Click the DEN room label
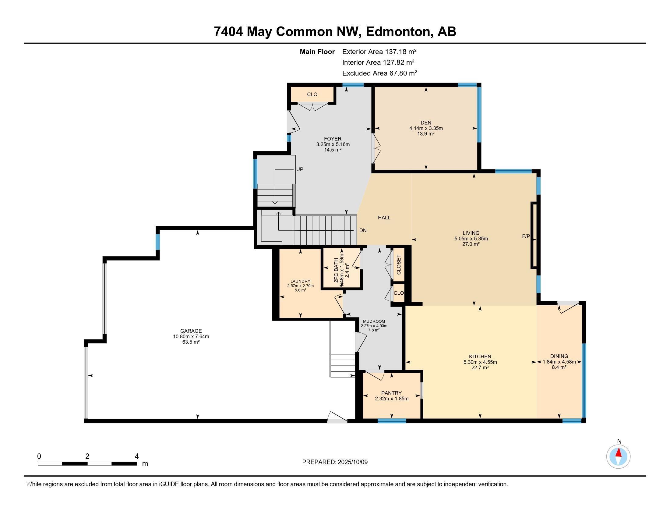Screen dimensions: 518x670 coord(426,123)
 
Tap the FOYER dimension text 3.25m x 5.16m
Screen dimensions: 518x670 coord(333,144)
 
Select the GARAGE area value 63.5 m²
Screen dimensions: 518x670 coord(191,342)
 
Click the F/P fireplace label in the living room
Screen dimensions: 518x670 coord(526,236)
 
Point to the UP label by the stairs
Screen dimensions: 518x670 coord(300,169)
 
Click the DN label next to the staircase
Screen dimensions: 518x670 coord(363,230)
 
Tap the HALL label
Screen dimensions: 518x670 coord(384,218)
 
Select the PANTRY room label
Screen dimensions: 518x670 coord(391,393)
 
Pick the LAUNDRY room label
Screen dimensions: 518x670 coord(300,282)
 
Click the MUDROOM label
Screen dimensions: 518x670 coord(374,321)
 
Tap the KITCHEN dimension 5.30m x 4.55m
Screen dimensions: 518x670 coord(480,362)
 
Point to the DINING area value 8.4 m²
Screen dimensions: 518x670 coord(559,367)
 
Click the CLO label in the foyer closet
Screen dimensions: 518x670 coord(312,94)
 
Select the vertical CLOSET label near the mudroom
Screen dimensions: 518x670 coord(399,264)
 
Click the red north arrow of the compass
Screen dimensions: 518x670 coord(619,452)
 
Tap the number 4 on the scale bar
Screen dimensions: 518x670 coord(136,456)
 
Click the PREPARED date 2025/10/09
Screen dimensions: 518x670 coord(352,462)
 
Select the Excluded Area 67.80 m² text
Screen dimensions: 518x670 coord(379,73)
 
